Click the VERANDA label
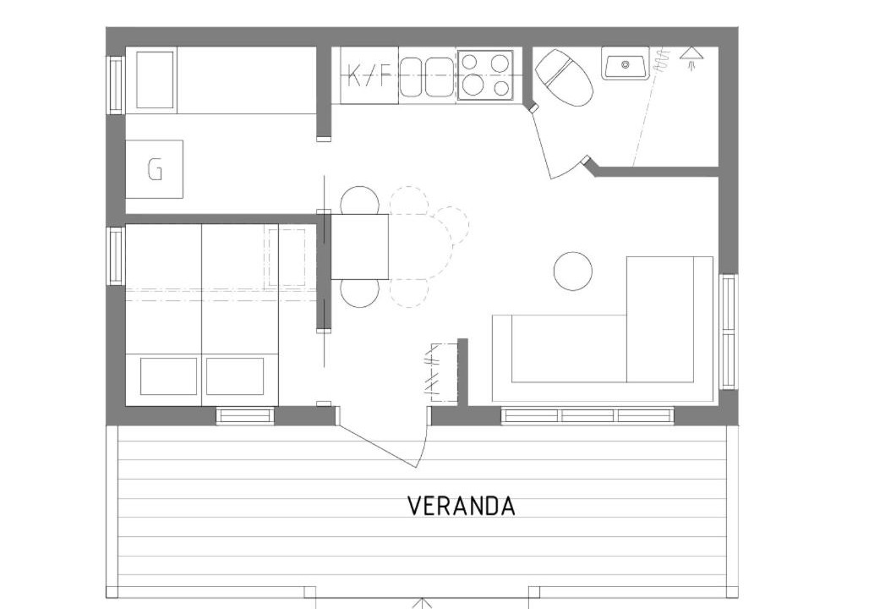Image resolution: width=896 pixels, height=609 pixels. (462, 506)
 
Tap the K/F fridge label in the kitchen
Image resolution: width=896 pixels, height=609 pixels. (369, 75)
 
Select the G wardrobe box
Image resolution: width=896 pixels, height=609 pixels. (155, 169)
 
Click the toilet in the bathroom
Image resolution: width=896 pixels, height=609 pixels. (564, 77)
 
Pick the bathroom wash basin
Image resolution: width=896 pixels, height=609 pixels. (626, 63)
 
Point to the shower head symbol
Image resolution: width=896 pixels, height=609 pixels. (692, 58)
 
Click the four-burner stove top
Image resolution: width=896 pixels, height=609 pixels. (485, 75)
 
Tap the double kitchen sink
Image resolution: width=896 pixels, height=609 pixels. (426, 77)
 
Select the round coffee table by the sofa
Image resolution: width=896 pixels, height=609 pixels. (573, 271)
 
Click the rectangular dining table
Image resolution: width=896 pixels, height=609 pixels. (360, 246)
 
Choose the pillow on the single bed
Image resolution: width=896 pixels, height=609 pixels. (155, 80)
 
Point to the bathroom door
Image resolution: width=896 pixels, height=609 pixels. (556, 142)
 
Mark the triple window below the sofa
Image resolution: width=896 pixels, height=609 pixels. (587, 415)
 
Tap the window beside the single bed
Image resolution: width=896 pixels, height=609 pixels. (116, 85)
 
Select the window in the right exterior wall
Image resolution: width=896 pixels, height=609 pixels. (728, 332)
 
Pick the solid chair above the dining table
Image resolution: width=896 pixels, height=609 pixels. (359, 200)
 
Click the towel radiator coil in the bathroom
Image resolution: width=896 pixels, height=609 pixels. (664, 60)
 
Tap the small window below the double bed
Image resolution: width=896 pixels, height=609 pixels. (245, 415)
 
